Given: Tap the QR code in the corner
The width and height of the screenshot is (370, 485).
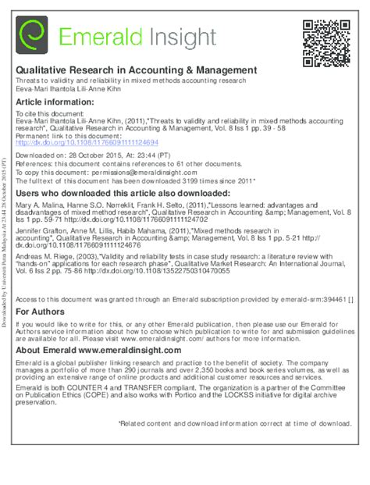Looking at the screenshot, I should pyautogui.click(x=326, y=40).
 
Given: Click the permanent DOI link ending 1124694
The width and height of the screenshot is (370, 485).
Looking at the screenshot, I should pyautogui.click(x=87, y=143).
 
